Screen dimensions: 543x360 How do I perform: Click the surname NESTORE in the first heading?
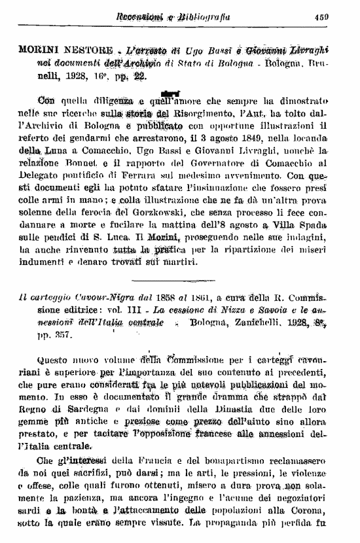tap(88, 50)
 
